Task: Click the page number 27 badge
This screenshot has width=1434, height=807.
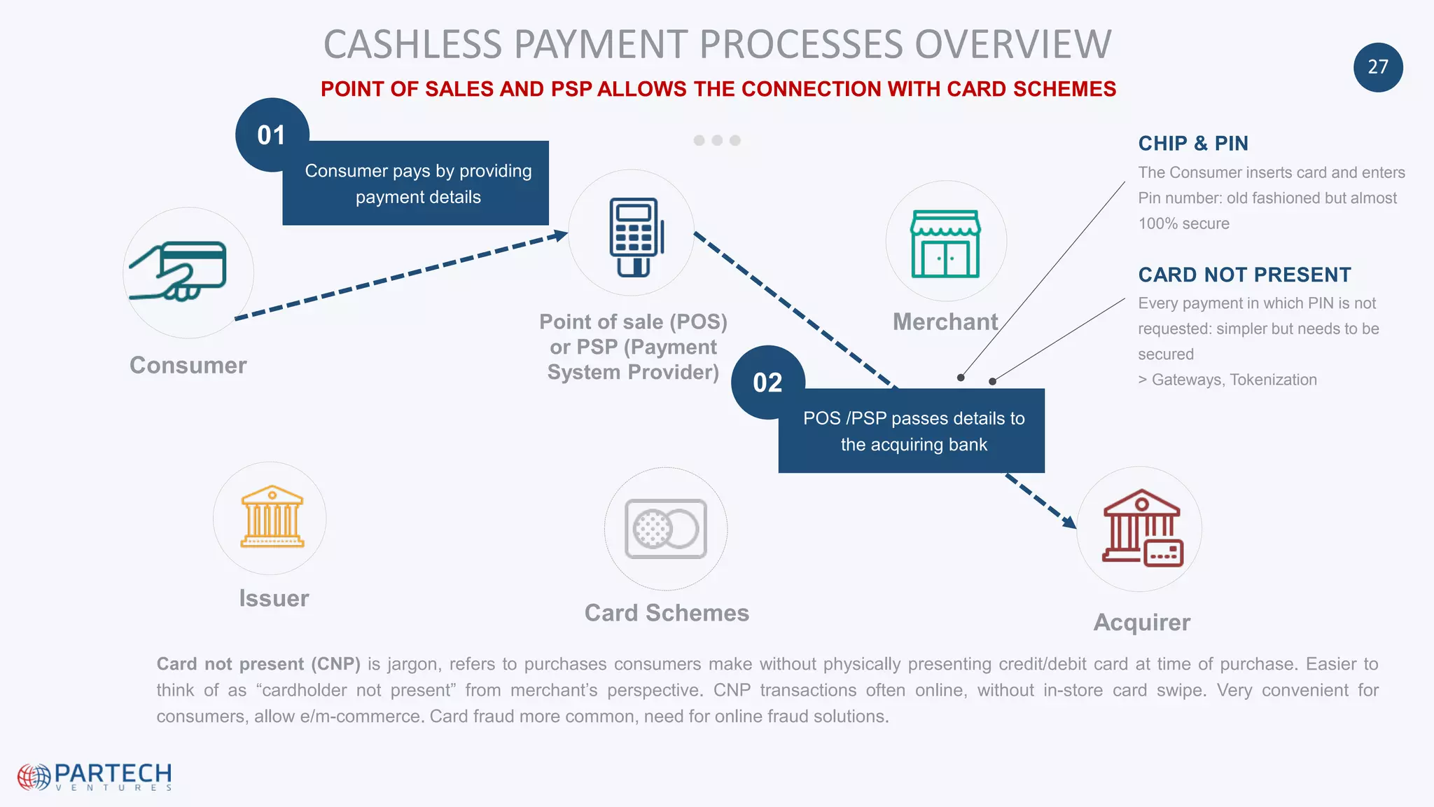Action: pos(1377,67)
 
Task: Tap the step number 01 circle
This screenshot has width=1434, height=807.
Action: pos(272,134)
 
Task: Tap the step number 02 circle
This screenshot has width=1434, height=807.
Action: pos(767,382)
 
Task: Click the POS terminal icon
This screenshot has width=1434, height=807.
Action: pos(635,237)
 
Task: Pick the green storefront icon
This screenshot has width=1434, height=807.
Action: pos(945,244)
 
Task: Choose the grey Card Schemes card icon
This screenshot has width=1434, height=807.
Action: pos(666,529)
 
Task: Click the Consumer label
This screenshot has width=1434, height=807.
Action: pos(188,366)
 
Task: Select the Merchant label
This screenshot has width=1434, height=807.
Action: pos(945,322)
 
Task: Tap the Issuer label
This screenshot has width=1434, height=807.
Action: pos(274,599)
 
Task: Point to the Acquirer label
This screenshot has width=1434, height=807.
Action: pos(1141,622)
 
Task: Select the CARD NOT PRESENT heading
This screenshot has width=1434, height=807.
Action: pos(1244,275)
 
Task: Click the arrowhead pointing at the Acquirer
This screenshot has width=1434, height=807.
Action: pos(1069,521)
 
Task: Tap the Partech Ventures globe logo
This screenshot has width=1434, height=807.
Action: pos(34,777)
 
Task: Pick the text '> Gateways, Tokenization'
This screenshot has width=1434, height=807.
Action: pos(1227,380)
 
